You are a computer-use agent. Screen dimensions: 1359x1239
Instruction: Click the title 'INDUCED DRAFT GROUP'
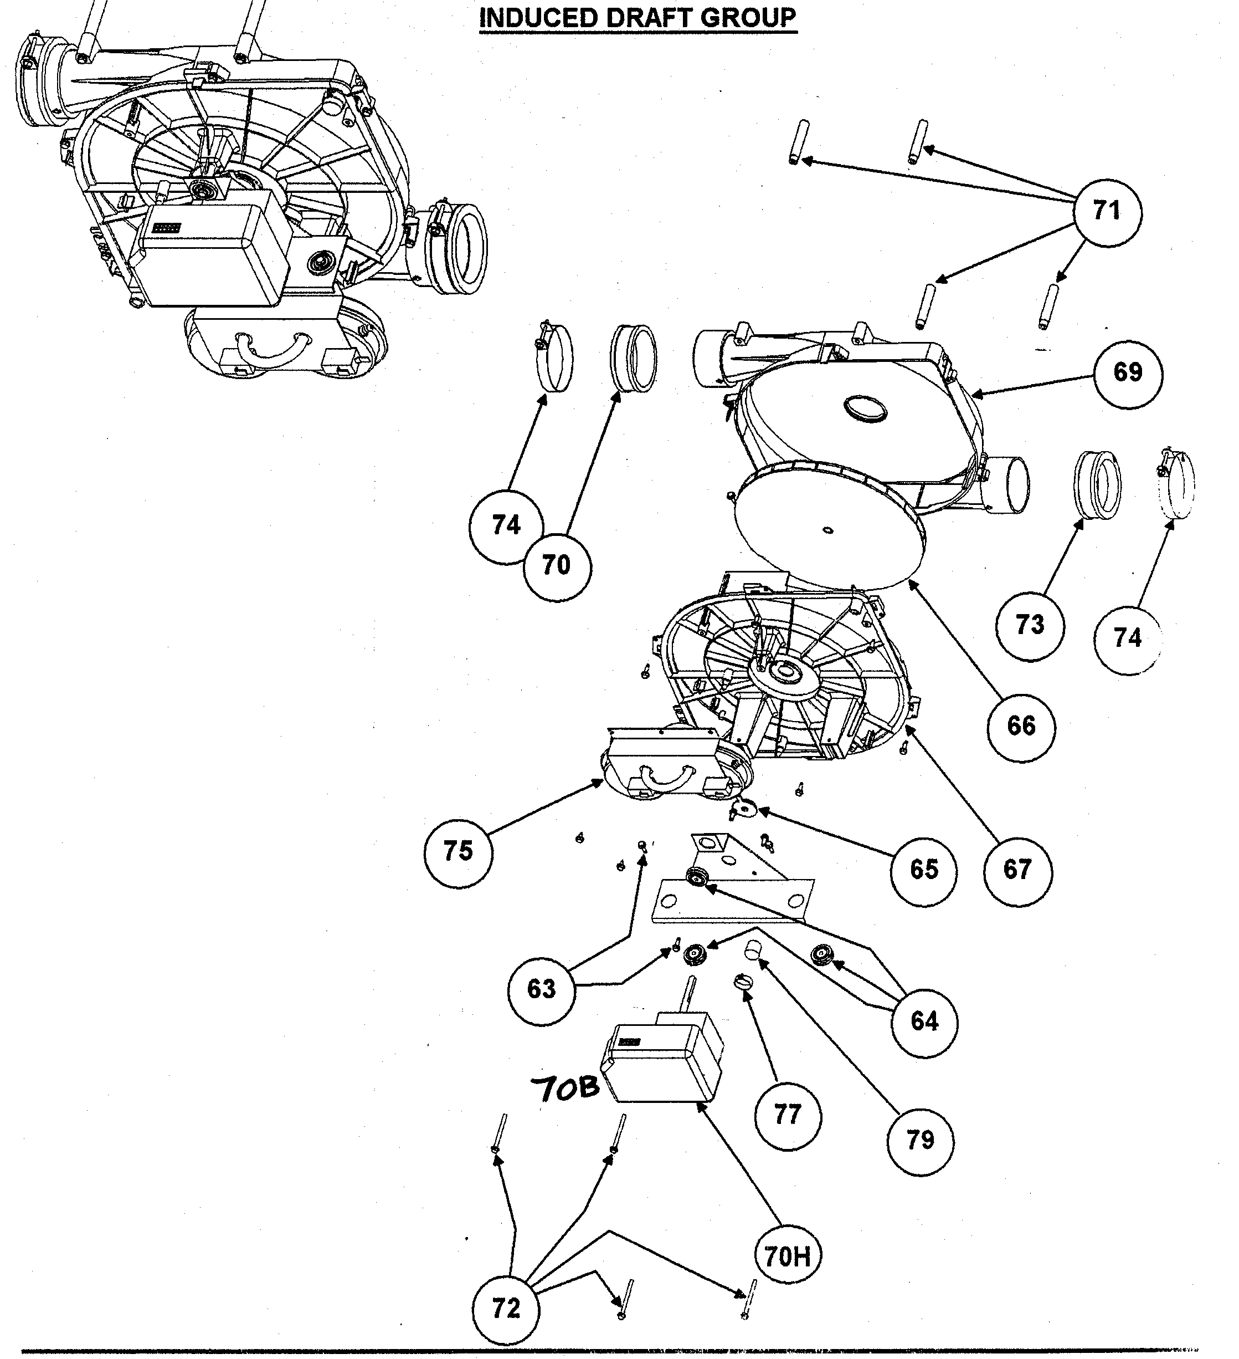[638, 18]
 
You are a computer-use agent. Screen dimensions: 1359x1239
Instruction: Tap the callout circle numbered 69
[1128, 373]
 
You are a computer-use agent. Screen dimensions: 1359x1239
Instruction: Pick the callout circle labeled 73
[1030, 625]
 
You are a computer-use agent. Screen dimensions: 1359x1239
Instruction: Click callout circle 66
[1021, 727]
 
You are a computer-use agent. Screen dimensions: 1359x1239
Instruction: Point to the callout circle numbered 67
[1017, 870]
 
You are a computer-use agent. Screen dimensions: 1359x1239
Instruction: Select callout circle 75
[458, 851]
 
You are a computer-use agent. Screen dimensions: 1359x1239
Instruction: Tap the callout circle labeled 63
[541, 989]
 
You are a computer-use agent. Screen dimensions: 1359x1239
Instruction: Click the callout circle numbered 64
[924, 1021]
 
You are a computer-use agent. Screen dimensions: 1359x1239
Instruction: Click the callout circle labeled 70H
[787, 1256]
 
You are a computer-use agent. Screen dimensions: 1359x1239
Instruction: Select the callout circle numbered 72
[506, 1309]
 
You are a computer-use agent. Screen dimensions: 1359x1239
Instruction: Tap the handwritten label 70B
[564, 1089]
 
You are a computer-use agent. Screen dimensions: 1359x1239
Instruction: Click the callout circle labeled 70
[557, 565]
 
